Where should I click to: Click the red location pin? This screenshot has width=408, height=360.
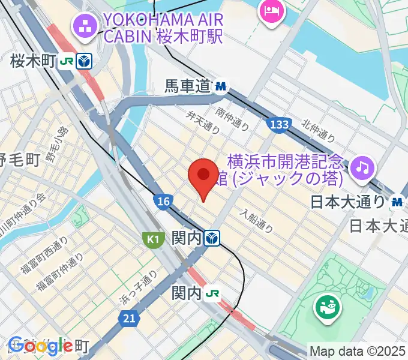[x=203, y=176]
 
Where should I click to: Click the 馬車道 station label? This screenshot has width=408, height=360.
[x=188, y=87]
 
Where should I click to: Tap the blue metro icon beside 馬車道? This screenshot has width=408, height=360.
[x=221, y=87]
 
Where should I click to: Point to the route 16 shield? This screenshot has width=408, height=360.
[x=162, y=202]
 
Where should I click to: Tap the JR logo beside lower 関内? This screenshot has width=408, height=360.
[x=212, y=293]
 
